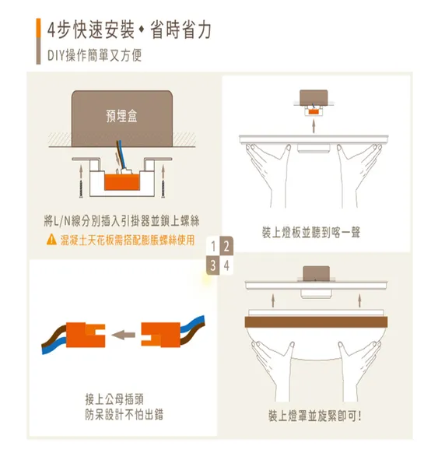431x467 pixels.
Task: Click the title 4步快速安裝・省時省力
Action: tap(129, 30)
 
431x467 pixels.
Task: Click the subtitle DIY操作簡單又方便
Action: tap(94, 55)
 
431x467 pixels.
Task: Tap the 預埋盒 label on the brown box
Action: tap(121, 116)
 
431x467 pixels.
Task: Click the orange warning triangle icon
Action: tap(51, 240)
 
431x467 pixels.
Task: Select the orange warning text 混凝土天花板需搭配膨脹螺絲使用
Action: tap(128, 240)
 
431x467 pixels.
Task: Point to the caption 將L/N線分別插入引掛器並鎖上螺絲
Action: tap(121, 221)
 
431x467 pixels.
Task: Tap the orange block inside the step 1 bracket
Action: tap(122, 182)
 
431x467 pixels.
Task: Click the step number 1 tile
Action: tap(213, 247)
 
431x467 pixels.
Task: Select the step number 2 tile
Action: tap(226, 246)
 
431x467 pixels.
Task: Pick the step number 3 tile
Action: tap(213, 265)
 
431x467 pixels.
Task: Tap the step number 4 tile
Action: tap(226, 265)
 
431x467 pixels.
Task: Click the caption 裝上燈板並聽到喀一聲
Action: tap(311, 233)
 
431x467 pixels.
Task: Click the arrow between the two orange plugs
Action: tap(123, 335)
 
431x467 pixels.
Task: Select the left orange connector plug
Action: tap(86, 335)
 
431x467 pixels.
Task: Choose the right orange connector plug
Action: tap(161, 335)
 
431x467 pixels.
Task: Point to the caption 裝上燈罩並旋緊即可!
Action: tap(315, 416)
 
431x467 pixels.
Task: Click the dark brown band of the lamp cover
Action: tap(316, 322)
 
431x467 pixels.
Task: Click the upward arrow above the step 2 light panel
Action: tap(314, 125)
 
